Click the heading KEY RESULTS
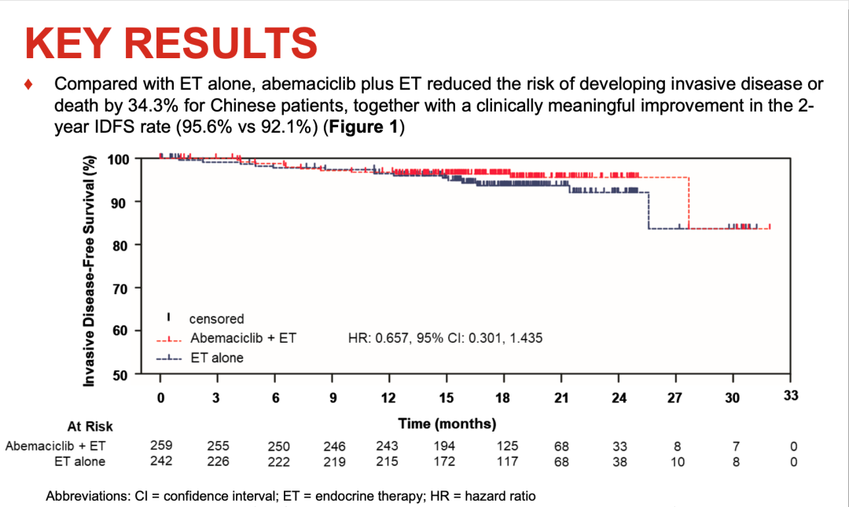[x=171, y=43]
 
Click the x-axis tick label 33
[x=791, y=396]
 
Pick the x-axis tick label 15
[x=446, y=398]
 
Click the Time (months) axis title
[x=447, y=424]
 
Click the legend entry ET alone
[x=217, y=358]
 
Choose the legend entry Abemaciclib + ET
[x=243, y=339]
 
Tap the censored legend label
[x=216, y=319]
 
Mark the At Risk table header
[x=90, y=427]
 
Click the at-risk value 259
[x=161, y=446]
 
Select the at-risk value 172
[x=445, y=461]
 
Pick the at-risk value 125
[x=503, y=446]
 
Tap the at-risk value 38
[x=619, y=461]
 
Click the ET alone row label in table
[x=78, y=461]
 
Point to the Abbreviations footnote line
[x=291, y=496]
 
